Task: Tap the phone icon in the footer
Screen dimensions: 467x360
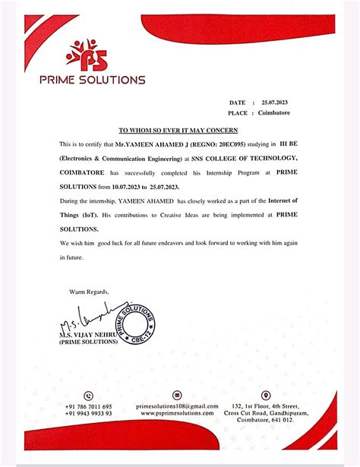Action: [x=89, y=396]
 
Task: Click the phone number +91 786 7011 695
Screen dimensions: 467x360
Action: [x=89, y=407]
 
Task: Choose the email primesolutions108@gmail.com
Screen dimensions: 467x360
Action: [x=177, y=407]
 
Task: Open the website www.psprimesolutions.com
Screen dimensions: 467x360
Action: [x=177, y=415]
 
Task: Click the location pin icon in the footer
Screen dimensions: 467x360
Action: [x=265, y=396]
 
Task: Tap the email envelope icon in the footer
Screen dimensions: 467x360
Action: [x=177, y=396]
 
